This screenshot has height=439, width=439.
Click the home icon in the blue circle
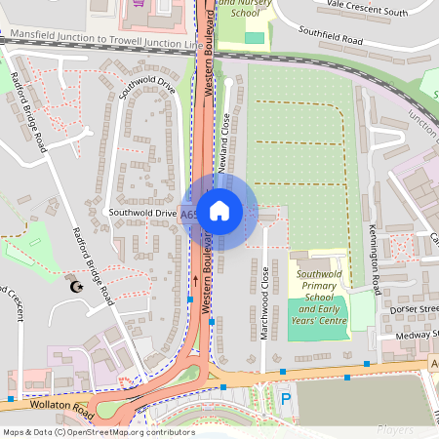pyautogui.click(x=219, y=211)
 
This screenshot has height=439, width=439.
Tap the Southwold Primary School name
pyautogui.click(x=322, y=285)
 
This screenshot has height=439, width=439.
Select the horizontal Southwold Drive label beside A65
pyautogui.click(x=142, y=212)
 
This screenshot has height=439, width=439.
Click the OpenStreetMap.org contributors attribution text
pyautogui.click(x=127, y=431)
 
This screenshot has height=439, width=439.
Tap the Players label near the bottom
pyautogui.click(x=395, y=429)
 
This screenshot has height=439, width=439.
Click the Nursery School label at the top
pyautogui.click(x=241, y=9)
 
